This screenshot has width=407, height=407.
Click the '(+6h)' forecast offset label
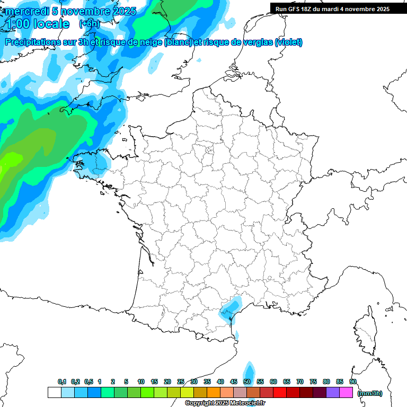[89, 24]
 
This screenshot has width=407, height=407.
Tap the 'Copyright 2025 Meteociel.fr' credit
[225, 403]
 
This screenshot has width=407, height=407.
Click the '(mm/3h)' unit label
[370, 393]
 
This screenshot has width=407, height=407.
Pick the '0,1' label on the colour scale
[62, 382]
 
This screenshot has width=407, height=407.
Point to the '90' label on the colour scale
[353, 382]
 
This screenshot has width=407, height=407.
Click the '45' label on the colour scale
[234, 382]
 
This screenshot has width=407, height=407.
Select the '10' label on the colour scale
[141, 382]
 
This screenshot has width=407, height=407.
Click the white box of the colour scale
[54, 392]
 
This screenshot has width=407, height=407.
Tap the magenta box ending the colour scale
[346, 392]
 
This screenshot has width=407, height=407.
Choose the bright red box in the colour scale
[280, 392]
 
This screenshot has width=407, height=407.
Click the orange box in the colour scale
[214, 392]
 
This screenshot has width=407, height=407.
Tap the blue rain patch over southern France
[229, 309]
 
